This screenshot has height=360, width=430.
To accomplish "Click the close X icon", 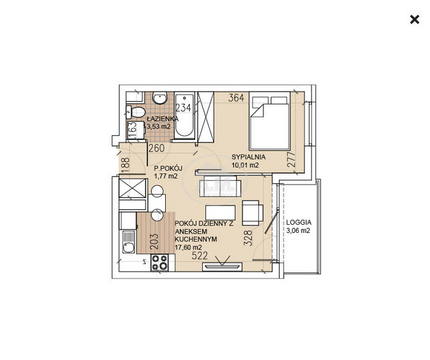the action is click(x=415, y=19).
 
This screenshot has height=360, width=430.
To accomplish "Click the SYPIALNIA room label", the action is click(x=249, y=157).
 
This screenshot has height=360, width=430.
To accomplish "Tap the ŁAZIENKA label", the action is click(x=163, y=118).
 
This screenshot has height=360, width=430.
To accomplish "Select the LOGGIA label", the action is click(x=299, y=222).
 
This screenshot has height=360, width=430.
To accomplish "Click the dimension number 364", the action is click(x=236, y=98).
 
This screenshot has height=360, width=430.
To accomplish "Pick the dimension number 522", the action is click(x=200, y=256).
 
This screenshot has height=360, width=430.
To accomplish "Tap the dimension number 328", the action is click(x=247, y=238).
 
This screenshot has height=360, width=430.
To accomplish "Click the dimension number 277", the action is click(x=292, y=159).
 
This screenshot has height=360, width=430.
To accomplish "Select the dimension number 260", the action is click(x=156, y=148).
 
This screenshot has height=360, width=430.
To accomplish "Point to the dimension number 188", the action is click(x=125, y=165).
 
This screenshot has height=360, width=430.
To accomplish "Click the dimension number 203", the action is click(x=154, y=241).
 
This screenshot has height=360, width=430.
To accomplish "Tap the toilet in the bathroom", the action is click(x=136, y=112).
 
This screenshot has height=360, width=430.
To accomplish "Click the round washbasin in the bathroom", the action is click(x=160, y=98).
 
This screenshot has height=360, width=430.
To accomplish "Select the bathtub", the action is click(x=185, y=115).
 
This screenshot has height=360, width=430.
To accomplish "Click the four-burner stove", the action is click(x=159, y=262).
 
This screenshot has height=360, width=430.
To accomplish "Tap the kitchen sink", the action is click(x=128, y=242).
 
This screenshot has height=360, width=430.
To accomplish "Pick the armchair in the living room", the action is click(x=253, y=213).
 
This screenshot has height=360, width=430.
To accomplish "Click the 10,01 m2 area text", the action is click(x=245, y=165).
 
